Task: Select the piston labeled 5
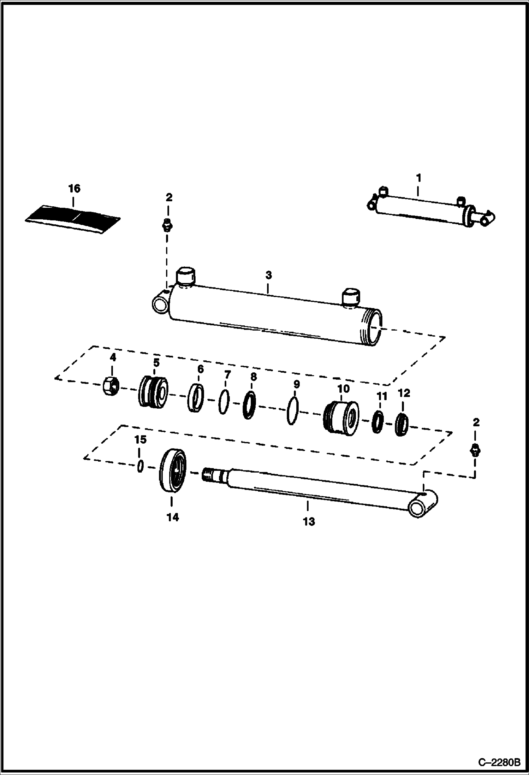click(x=153, y=392)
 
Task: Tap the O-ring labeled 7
click(x=224, y=402)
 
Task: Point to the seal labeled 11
click(x=377, y=422)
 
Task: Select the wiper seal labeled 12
click(x=402, y=425)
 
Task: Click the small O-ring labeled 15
click(x=140, y=466)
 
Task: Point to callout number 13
click(x=308, y=521)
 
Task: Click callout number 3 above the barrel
click(x=268, y=275)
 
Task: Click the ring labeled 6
click(x=196, y=398)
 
